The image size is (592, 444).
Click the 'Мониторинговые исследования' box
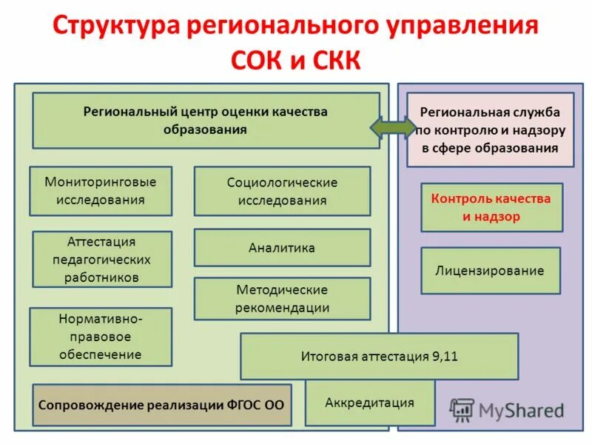click(x=101, y=191)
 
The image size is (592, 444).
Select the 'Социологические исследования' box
click(x=282, y=192)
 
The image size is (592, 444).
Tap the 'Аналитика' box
click(x=282, y=248)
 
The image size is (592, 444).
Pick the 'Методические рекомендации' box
click(x=282, y=299)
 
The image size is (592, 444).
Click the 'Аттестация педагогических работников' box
click(x=102, y=260)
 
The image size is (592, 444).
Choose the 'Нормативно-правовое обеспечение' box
click(x=101, y=337)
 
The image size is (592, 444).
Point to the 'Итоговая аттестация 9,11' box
click(x=379, y=356)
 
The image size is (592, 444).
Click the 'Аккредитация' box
click(x=369, y=403)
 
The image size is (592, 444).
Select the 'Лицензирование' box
click(x=490, y=271)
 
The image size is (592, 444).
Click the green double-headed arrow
click(x=393, y=127)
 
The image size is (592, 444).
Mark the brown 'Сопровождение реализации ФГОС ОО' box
click(x=161, y=405)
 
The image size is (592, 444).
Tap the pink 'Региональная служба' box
click(x=490, y=129)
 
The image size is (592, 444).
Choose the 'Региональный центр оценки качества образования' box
click(x=205, y=121)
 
